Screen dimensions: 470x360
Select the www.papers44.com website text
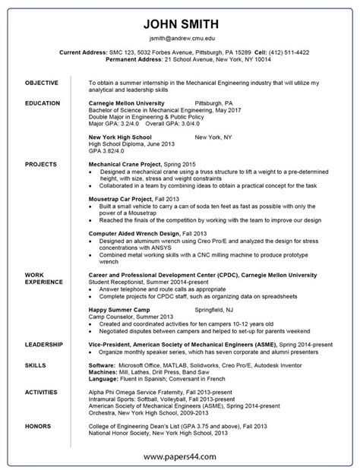[181, 456]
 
